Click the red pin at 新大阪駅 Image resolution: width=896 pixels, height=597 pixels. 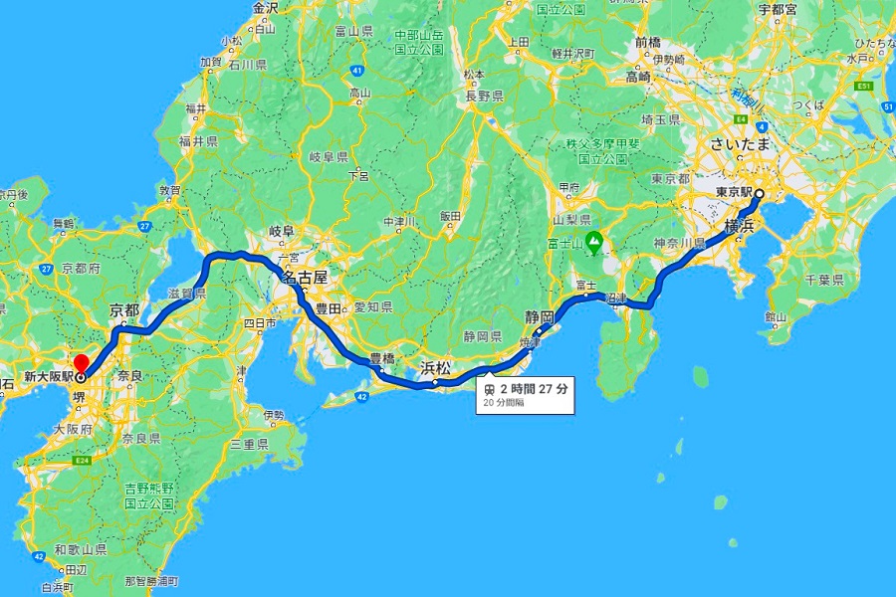click(81, 362)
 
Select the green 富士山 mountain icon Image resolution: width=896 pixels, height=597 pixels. click(594, 239)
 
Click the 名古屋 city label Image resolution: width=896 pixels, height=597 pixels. click(304, 278)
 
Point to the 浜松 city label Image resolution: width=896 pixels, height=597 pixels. click(435, 368)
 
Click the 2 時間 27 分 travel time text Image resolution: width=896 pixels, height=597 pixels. click(535, 389)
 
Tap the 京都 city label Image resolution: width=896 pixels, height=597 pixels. click(123, 310)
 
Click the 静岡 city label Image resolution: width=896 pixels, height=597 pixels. click(540, 316)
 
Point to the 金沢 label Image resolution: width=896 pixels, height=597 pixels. click(266, 8)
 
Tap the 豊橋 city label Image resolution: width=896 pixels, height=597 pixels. click(382, 357)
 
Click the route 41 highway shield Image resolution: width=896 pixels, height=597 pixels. click(355, 71)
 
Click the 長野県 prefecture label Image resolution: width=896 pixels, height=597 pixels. click(482, 96)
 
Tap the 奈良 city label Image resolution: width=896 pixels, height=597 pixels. click(129, 376)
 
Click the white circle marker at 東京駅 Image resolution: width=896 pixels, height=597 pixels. click(758, 193)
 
